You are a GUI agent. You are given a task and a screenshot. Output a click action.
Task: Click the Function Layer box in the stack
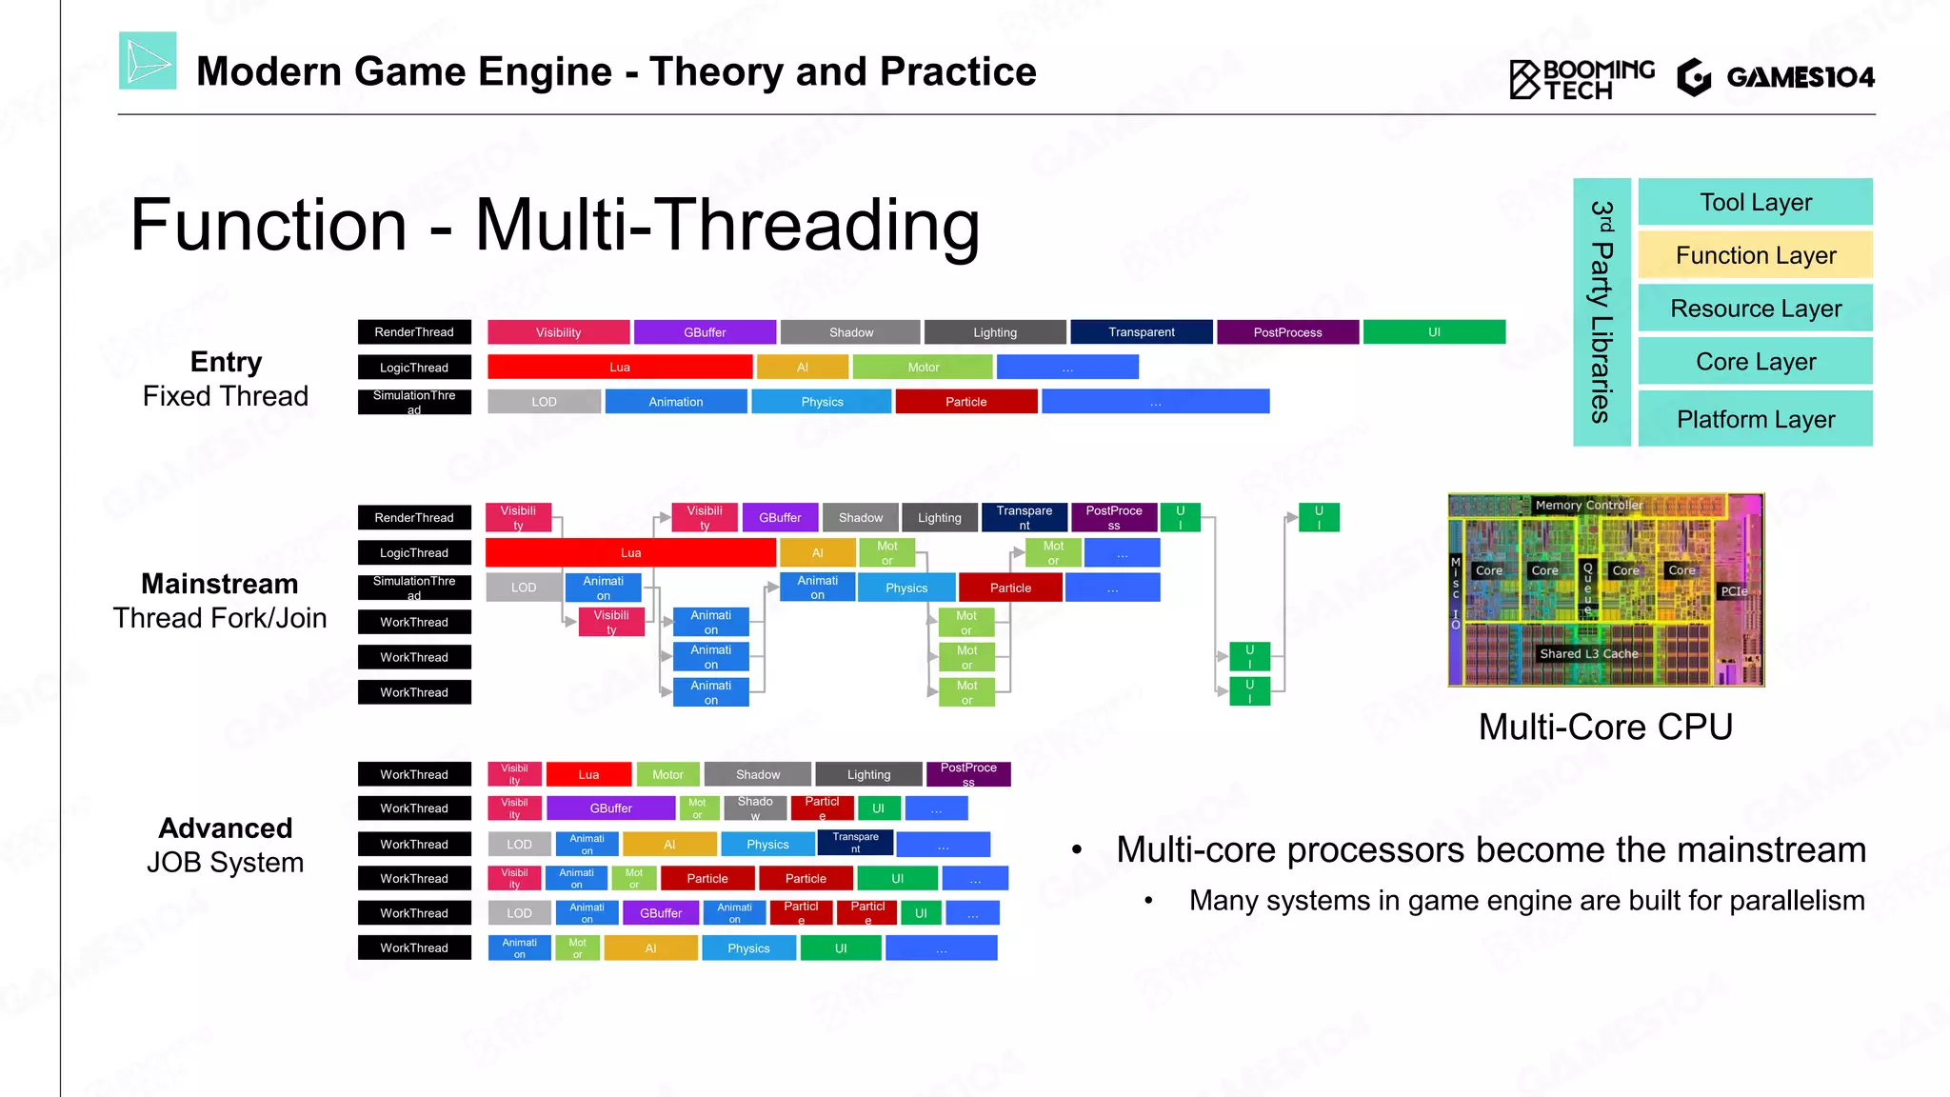1755,255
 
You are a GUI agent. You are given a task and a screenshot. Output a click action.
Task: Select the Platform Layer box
1755,419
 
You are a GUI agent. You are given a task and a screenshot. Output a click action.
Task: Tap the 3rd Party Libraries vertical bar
1602,312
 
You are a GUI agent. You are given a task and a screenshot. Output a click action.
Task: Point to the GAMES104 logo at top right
1776,77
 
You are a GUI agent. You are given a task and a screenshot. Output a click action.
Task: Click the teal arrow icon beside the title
148,61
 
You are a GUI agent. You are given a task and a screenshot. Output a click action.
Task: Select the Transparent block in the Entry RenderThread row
1141,332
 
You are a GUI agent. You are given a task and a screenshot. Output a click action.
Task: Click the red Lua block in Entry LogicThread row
619,368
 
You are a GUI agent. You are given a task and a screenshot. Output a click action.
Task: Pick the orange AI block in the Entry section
802,368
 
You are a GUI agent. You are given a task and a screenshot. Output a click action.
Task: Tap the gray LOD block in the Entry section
544,402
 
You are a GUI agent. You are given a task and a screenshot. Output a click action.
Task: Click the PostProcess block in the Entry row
1287,332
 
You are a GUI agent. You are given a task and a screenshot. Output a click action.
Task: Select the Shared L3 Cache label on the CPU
1588,653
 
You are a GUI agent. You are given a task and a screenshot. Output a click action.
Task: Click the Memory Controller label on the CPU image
1588,505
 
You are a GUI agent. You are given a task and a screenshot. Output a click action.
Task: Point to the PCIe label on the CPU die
1733,591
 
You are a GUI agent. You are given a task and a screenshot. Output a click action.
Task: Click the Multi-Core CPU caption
1605,728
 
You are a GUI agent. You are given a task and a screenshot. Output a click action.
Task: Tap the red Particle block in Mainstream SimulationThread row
1010,588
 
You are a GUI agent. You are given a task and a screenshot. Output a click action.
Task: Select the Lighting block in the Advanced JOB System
868,774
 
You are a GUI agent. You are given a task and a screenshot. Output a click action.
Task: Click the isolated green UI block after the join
1319,517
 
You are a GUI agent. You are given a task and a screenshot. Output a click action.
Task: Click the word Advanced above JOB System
226,828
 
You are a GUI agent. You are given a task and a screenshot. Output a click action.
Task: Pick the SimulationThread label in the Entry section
414,402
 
